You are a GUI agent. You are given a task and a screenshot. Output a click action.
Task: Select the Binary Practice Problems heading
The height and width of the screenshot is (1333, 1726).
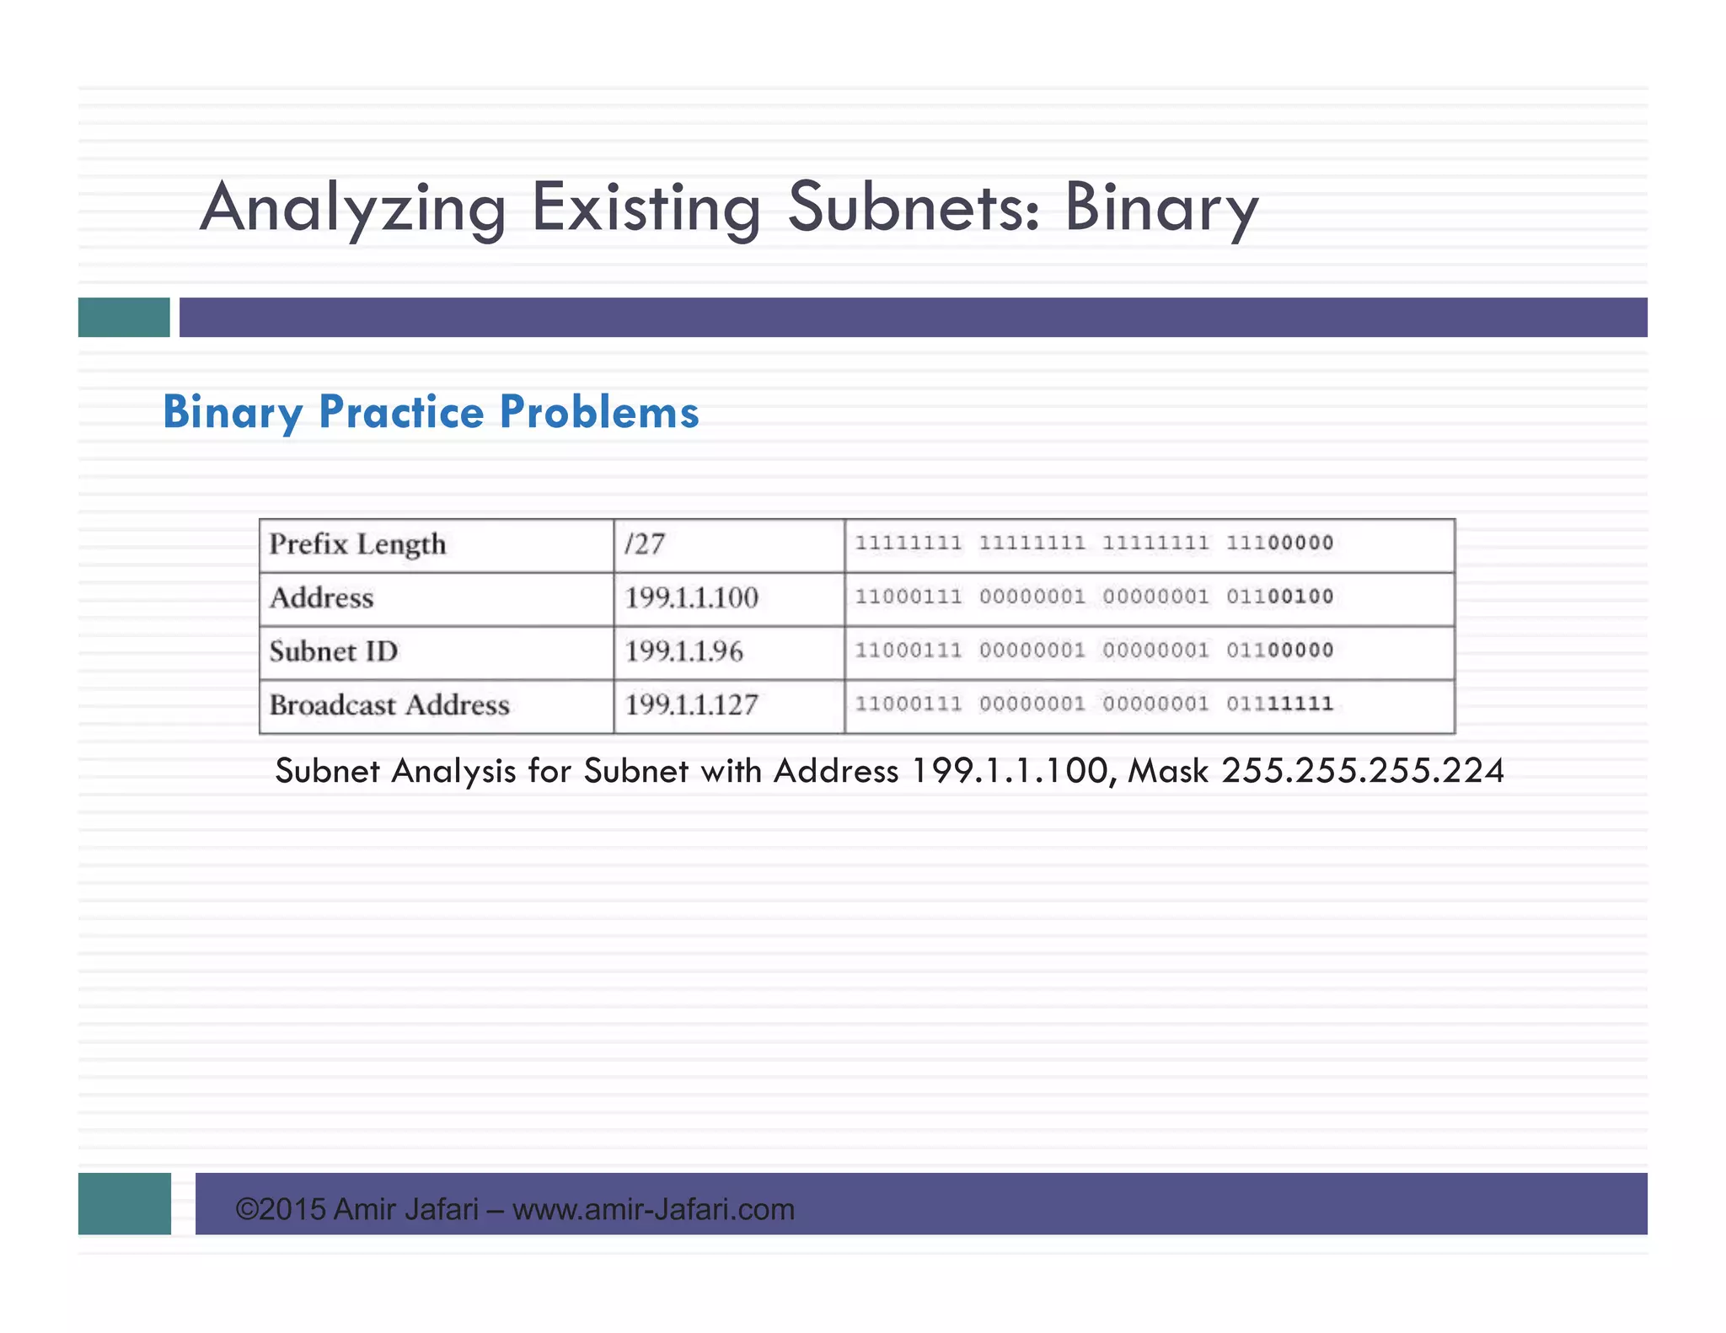(431, 412)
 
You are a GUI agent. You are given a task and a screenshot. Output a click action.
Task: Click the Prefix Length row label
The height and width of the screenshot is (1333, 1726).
(357, 544)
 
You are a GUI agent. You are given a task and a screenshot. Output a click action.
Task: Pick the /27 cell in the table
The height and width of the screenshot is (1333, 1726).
(645, 544)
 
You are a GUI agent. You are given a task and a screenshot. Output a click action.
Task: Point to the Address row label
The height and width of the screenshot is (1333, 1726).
(321, 597)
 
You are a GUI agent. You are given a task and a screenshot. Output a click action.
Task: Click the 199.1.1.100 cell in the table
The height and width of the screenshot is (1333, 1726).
(691, 597)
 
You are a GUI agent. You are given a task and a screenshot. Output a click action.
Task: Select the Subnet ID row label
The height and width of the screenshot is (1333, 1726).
(333, 651)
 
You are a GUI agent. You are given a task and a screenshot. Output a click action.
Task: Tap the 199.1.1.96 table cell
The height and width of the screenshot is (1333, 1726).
(683, 651)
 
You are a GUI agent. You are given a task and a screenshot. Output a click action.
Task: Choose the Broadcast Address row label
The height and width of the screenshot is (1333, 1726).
(389, 704)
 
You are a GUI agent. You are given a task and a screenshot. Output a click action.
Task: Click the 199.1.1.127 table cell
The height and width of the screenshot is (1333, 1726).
(691, 704)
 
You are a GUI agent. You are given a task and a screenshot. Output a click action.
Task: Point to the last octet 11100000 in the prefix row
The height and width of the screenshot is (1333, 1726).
(1279, 543)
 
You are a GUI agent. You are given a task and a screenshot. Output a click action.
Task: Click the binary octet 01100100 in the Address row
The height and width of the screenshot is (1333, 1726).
(1279, 597)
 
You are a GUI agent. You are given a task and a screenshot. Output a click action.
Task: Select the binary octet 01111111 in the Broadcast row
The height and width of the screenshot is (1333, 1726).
(1279, 704)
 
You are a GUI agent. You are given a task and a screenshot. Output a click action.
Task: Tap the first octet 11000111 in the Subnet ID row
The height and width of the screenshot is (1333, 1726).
(909, 650)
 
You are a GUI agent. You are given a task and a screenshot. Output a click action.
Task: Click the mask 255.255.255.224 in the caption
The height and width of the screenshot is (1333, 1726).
(1362, 771)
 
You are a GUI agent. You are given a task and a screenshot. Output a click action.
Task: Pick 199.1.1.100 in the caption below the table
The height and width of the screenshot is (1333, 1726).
(1010, 771)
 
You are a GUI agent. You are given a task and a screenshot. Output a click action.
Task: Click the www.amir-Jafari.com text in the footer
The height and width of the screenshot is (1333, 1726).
(653, 1209)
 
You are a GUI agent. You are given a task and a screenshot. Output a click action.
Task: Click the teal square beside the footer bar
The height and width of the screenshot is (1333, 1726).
(125, 1203)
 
